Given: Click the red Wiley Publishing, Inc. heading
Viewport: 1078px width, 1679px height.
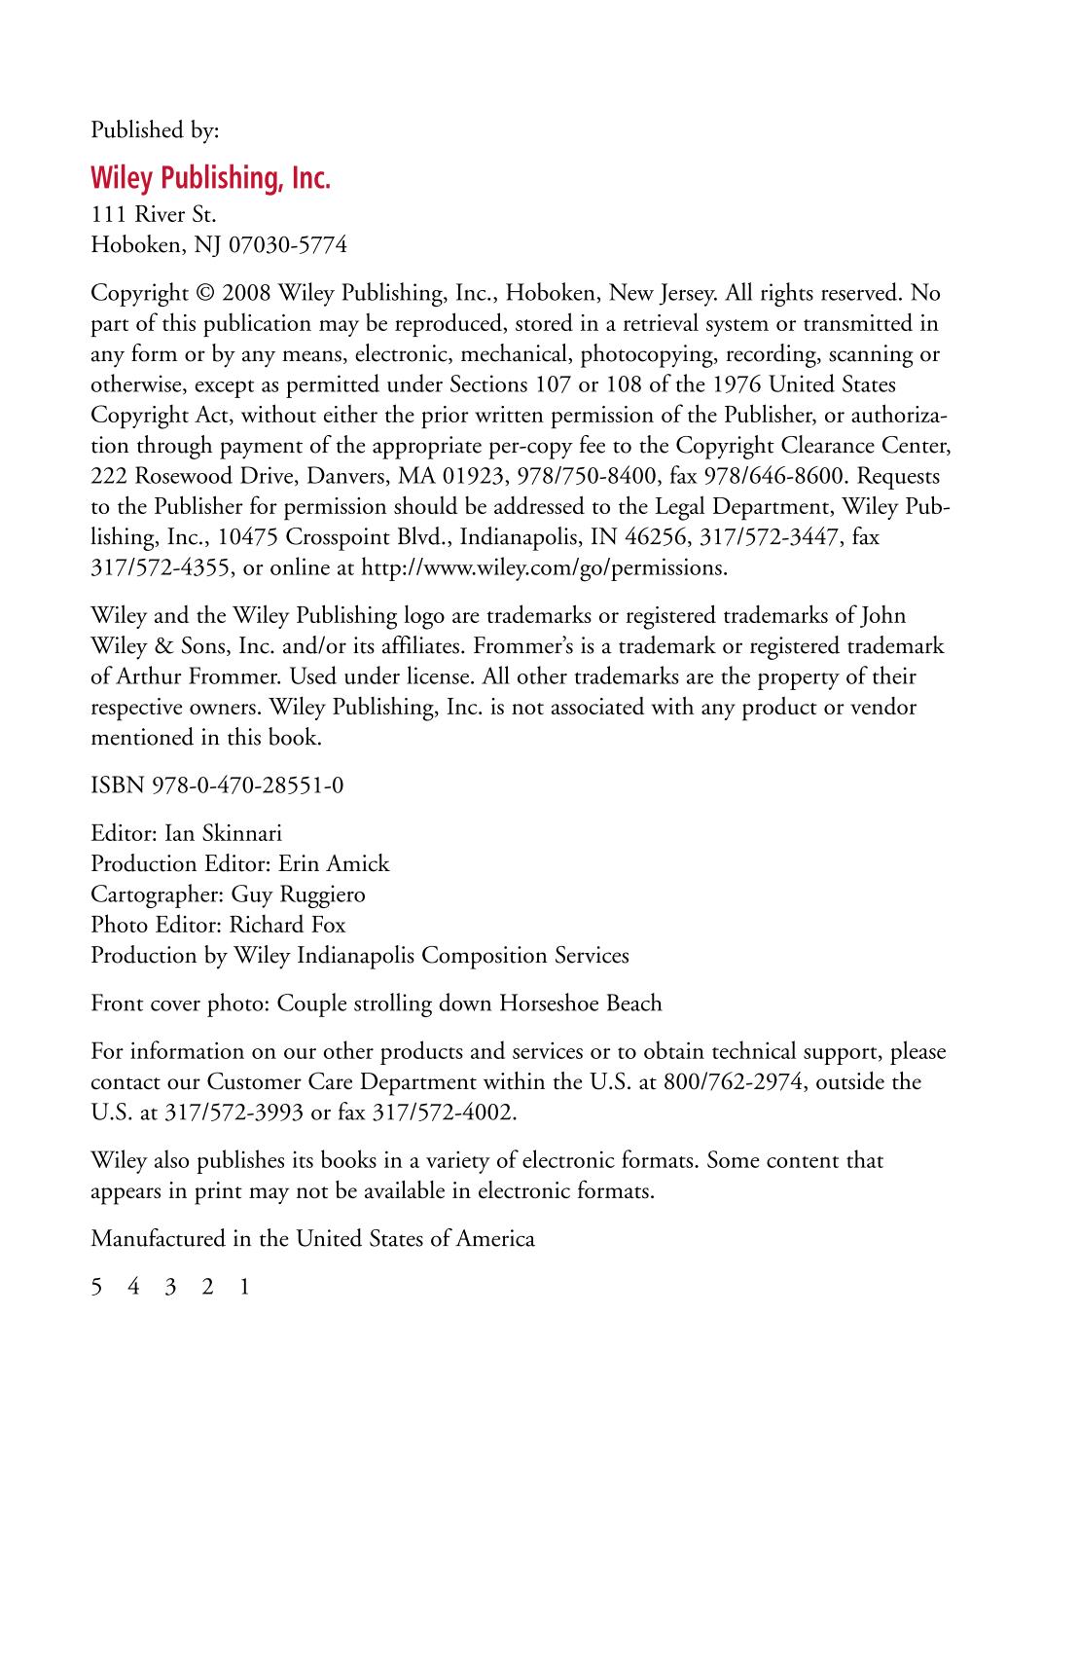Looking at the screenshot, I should coord(210,179).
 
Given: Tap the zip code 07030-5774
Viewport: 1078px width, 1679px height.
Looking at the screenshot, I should coord(287,244).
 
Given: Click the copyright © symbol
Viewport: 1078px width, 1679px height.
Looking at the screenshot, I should coord(204,293).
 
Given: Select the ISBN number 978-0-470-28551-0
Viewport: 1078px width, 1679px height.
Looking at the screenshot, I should coord(248,785).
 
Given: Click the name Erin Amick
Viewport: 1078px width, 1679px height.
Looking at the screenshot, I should coord(334,863).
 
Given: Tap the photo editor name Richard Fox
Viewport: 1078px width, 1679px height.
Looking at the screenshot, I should coord(287,925).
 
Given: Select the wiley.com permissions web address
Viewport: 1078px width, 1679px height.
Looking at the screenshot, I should coord(544,567).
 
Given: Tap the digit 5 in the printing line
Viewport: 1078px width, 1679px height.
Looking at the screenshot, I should coord(96,1287).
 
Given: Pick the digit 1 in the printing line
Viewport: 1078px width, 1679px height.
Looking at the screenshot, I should coord(244,1287).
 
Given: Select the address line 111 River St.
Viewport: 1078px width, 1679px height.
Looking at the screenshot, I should coord(153,214).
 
